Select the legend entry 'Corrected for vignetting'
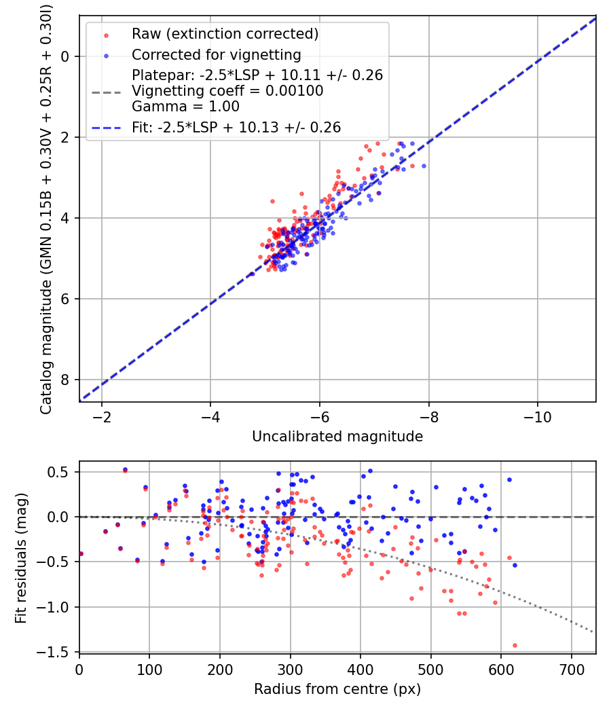pyautogui.click(x=216, y=54)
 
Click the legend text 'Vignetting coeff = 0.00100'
pyautogui.click(x=227, y=90)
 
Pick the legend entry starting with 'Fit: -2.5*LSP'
pyautogui.click(x=236, y=127)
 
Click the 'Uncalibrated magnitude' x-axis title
pyautogui.click(x=337, y=437)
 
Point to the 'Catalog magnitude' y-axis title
pyautogui.click(x=46, y=207)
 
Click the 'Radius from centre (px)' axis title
pyautogui.click(x=337, y=689)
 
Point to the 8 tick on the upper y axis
pyautogui.click(x=67, y=380)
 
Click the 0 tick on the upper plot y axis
pyautogui.click(x=67, y=56)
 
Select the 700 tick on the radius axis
pyautogui.click(x=571, y=668)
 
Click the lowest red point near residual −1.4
pyautogui.click(x=515, y=645)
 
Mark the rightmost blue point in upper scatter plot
pyautogui.click(x=424, y=166)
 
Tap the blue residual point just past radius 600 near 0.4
pyautogui.click(x=509, y=479)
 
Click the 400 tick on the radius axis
pyautogui.click(x=360, y=668)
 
